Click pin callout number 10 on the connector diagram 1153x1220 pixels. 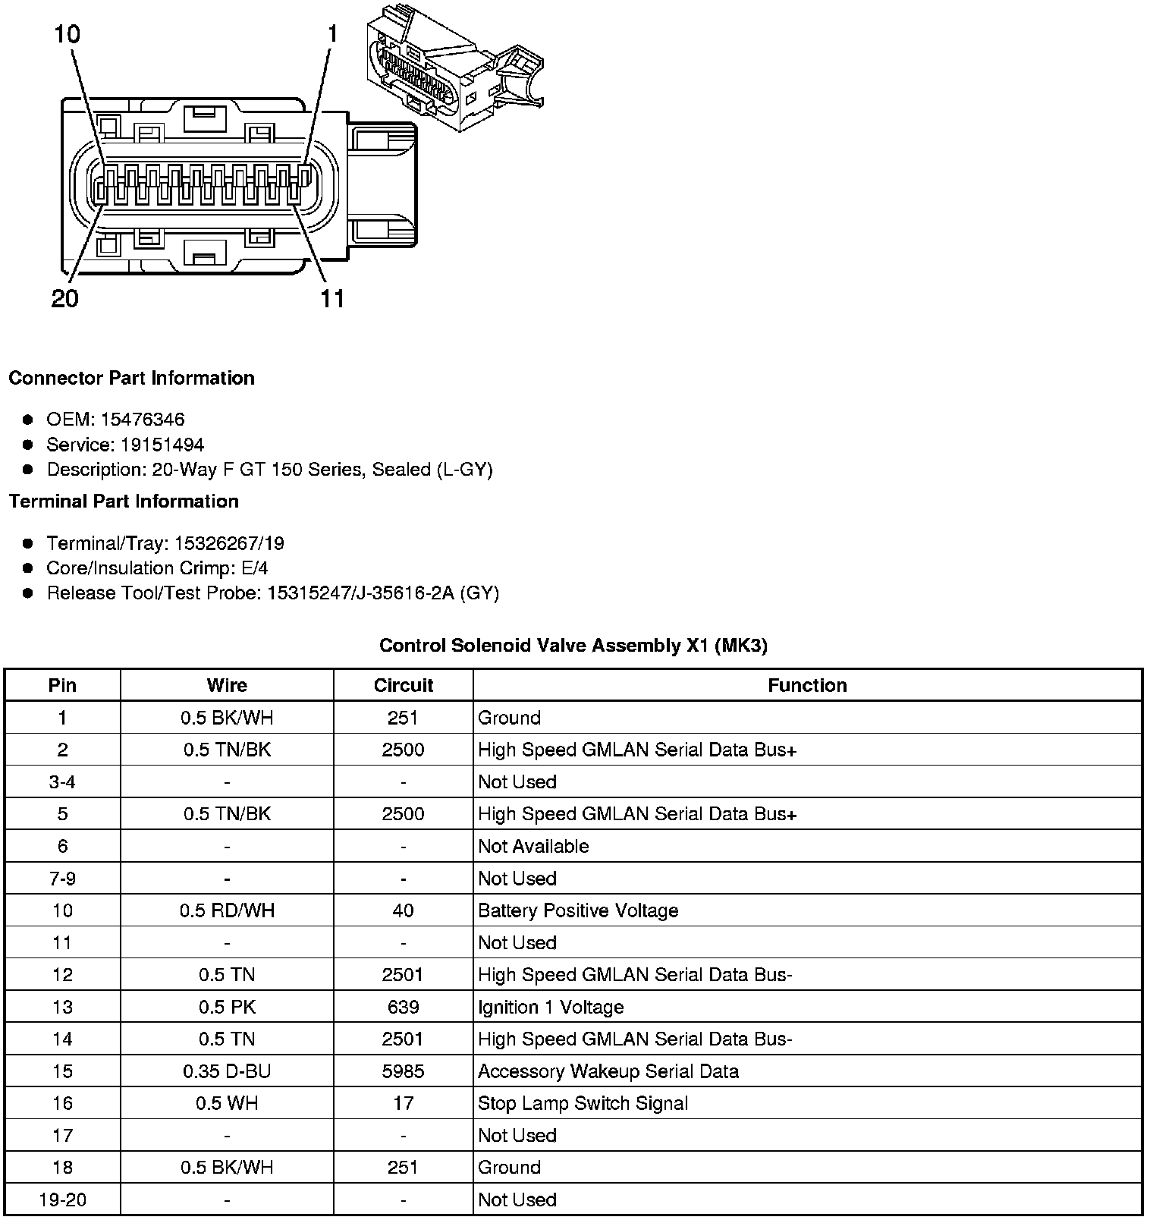click(67, 34)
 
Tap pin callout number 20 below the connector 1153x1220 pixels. click(65, 298)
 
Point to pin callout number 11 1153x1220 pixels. click(332, 298)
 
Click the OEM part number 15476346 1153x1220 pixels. click(143, 420)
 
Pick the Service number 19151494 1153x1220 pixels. click(162, 445)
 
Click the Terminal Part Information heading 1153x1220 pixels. click(124, 502)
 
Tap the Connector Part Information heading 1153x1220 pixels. click(131, 378)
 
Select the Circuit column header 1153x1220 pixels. click(403, 685)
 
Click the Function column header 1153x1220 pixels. click(807, 685)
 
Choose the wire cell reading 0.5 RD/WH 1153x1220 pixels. click(227, 910)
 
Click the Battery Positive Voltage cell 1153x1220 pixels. click(578, 910)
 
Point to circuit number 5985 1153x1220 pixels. click(403, 1071)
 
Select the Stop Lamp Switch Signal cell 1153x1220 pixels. click(583, 1103)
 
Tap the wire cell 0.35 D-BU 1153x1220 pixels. click(227, 1071)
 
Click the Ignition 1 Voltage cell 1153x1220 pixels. click(551, 1007)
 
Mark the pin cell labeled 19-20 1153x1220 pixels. click(62, 1200)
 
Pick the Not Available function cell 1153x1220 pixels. click(533, 846)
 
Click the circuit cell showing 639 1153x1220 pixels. click(403, 1007)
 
